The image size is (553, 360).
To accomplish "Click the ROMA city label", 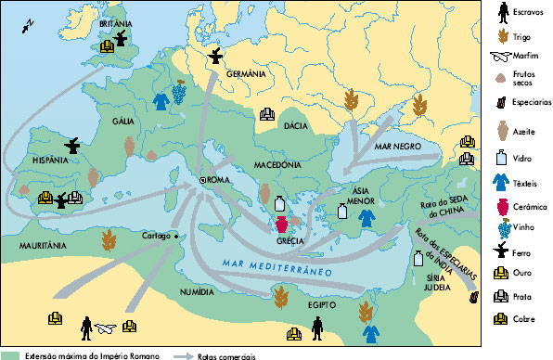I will (x=219, y=181).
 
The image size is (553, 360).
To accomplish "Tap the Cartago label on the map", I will (x=156, y=236).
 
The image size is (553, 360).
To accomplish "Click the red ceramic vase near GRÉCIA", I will (x=281, y=224).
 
